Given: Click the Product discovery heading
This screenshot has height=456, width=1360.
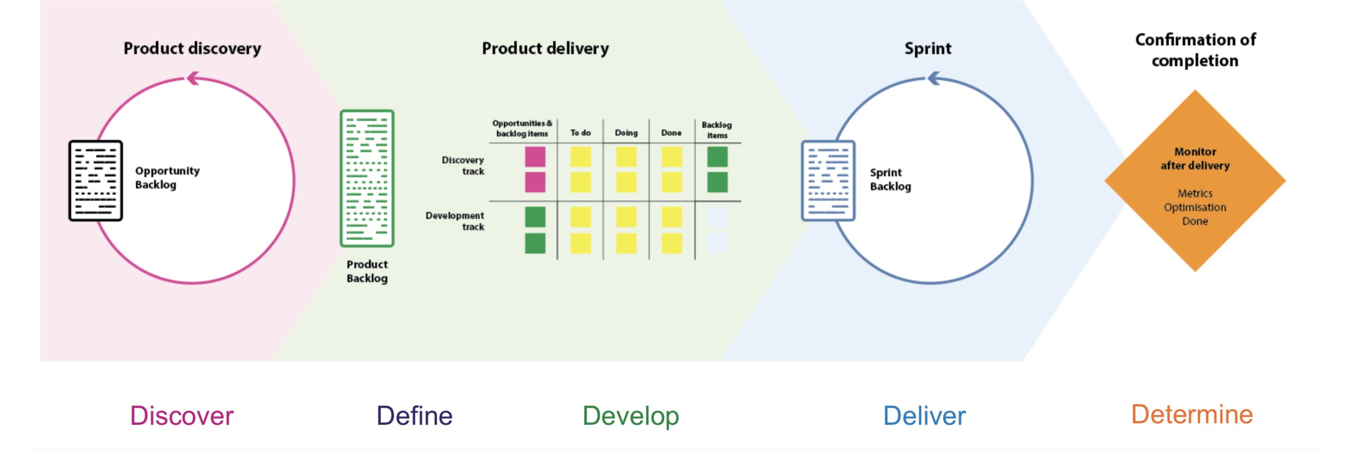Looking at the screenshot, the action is click(192, 49).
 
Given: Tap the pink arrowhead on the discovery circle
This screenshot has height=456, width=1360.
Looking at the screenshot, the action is click(193, 78).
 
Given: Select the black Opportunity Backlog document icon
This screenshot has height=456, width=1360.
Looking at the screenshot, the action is click(96, 181).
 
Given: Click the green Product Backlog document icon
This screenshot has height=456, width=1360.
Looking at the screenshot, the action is click(367, 178).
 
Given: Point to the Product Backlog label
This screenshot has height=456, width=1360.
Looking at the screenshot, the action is click(367, 271).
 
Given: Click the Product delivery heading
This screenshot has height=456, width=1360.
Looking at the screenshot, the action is click(546, 49).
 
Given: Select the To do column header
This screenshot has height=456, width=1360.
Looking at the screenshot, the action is click(580, 133).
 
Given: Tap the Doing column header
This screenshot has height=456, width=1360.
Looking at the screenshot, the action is click(626, 133).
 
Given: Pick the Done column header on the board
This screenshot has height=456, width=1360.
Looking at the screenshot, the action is click(671, 133).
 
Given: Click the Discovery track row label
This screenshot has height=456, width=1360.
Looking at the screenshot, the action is click(463, 166).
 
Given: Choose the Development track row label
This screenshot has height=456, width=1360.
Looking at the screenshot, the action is click(455, 221).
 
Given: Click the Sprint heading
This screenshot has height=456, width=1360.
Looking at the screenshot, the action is click(927, 49).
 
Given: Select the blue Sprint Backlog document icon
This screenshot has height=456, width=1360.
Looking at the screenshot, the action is click(828, 181).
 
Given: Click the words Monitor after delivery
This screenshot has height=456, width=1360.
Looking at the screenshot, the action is click(1195, 158).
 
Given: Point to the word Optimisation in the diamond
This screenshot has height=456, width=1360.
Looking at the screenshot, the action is click(1195, 208).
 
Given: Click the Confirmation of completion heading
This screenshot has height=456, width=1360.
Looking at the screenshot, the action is click(1195, 50).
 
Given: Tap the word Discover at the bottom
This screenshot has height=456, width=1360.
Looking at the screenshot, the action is click(182, 416).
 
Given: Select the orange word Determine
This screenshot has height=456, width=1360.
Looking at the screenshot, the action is click(1192, 415).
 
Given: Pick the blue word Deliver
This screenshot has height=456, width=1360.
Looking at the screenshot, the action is click(924, 416).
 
